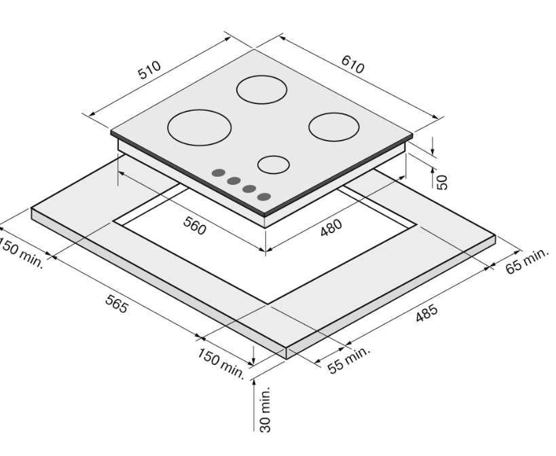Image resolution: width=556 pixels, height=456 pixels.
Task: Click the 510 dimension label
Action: click(149, 70)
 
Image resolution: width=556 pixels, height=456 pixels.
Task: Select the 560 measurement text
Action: click(195, 226)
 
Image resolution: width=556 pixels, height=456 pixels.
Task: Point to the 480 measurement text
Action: click(331, 228)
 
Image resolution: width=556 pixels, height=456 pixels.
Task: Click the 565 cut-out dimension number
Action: click(116, 304)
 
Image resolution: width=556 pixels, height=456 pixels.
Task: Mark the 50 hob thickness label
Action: click(442, 182)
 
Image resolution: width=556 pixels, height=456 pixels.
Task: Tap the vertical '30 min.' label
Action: click(265, 410)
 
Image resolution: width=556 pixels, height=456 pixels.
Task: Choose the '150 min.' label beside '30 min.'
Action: click(221, 364)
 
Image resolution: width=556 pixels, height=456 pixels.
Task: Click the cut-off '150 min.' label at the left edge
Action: click(20, 252)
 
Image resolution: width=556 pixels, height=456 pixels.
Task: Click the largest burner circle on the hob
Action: click(200, 128)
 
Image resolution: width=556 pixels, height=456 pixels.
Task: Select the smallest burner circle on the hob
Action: click(274, 164)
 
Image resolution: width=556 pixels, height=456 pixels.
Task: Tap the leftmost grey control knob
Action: click(219, 173)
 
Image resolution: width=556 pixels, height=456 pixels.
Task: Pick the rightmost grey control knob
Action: click(264, 196)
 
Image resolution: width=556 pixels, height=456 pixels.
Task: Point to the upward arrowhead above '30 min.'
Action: click(254, 383)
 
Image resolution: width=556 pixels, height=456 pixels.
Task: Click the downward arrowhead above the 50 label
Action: click(432, 151)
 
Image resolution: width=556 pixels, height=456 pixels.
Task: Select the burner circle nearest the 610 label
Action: click(334, 127)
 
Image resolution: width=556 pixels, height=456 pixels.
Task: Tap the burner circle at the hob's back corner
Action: click(261, 90)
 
